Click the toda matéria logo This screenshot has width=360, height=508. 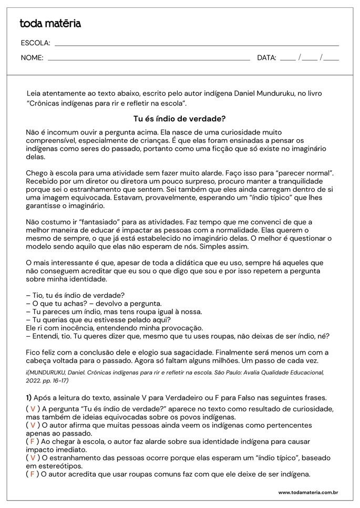(50, 24)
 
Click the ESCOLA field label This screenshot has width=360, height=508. (35, 43)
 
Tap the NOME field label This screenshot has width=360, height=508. (32, 58)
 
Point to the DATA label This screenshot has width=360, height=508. (266, 58)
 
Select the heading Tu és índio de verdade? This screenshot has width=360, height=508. (180, 119)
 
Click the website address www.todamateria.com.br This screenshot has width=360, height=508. (307, 493)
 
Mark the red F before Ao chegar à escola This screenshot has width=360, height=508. (33, 441)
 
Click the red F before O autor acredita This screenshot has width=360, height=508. (33, 474)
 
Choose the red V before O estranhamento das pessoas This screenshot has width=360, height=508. (33, 458)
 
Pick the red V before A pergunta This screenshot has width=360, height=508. (33, 409)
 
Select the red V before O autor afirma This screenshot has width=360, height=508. (33, 425)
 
